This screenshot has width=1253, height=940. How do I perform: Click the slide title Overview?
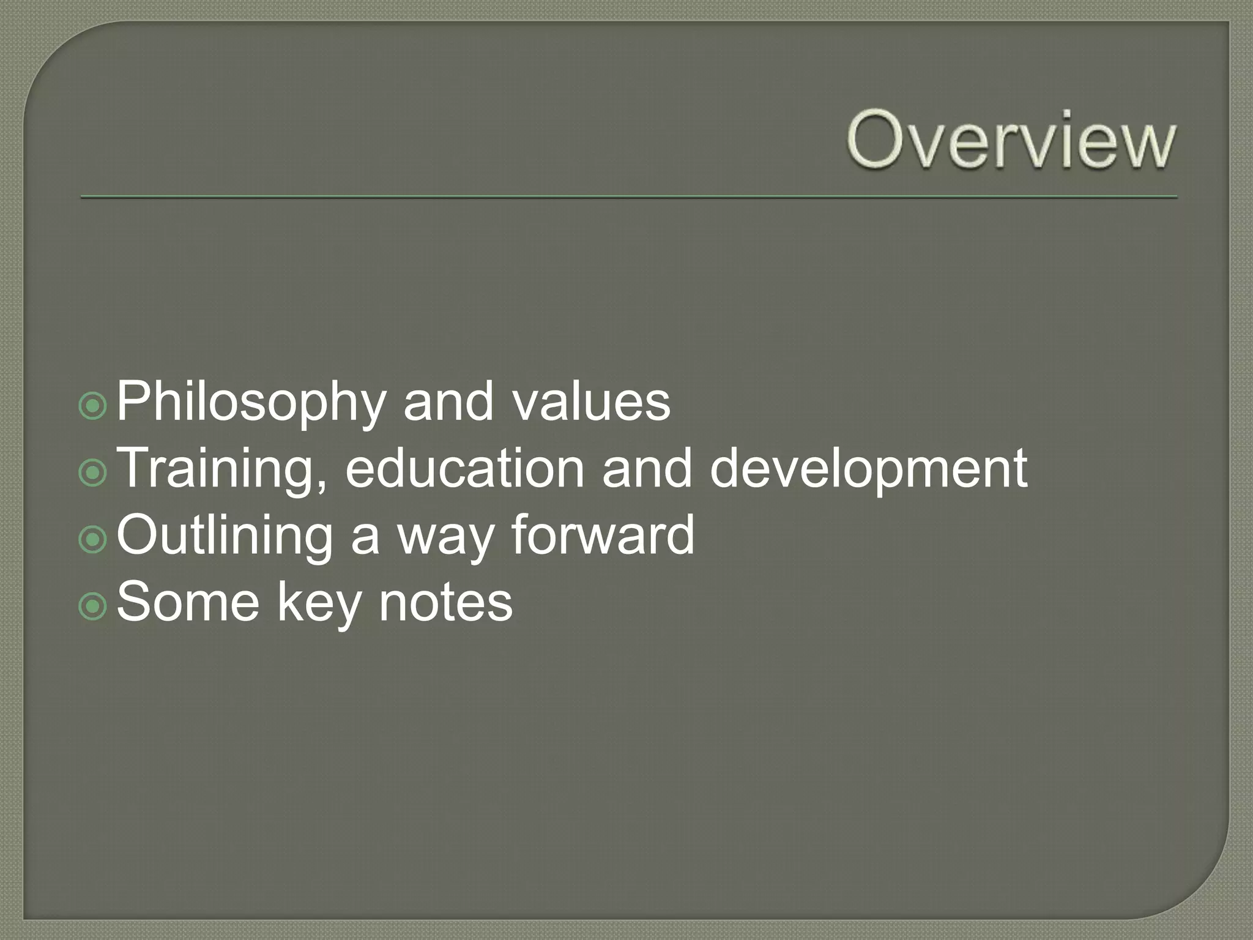[x=1011, y=141]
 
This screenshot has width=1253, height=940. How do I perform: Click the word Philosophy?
[x=251, y=402]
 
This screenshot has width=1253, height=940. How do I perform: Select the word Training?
[x=221, y=469]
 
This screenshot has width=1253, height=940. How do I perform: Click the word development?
[x=868, y=469]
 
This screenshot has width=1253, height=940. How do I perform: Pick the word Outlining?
[x=224, y=535]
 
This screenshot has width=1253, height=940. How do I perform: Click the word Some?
[x=188, y=602]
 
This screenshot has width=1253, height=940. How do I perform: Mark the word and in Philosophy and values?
[x=448, y=402]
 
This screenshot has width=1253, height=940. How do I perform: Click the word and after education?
[x=647, y=469]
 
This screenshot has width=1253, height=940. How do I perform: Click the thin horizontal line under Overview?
[x=629, y=197]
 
